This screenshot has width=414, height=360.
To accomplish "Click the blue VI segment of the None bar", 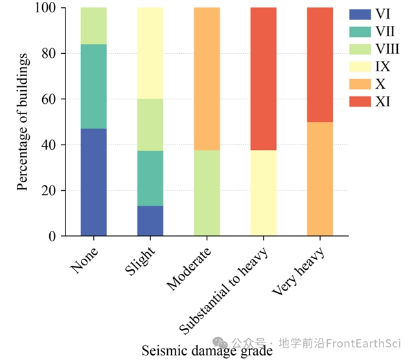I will click(94, 182).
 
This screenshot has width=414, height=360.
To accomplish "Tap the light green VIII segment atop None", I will click(94, 26).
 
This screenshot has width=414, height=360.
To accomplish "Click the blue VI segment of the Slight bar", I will click(150, 221).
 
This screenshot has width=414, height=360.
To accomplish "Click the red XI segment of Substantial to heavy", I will click(263, 78).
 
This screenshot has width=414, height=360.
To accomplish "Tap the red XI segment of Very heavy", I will click(319, 65).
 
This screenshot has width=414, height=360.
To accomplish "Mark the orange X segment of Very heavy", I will click(319, 179).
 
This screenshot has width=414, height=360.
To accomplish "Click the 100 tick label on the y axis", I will click(46, 8).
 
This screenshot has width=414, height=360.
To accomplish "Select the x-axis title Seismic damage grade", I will click(207, 351).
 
